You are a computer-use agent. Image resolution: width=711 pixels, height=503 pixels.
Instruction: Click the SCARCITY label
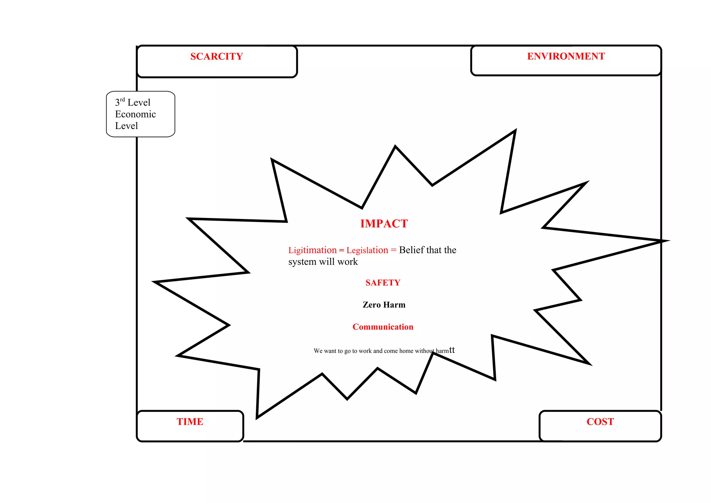pyautogui.click(x=216, y=56)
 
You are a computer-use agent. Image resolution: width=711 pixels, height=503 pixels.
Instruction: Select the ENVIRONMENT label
pyautogui.click(x=566, y=56)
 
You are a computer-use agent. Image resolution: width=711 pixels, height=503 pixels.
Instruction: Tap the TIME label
pyautogui.click(x=190, y=422)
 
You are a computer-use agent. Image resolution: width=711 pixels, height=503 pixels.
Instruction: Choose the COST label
pyautogui.click(x=600, y=422)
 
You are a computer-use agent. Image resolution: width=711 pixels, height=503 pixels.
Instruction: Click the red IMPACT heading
pyautogui.click(x=384, y=224)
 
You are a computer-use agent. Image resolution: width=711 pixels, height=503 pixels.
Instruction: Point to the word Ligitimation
pyautogui.click(x=312, y=250)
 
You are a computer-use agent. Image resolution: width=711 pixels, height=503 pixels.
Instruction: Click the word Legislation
pyautogui.click(x=367, y=250)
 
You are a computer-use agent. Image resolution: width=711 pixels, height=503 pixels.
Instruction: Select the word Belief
pyautogui.click(x=411, y=250)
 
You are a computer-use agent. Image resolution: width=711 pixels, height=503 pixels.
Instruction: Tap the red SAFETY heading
pyautogui.click(x=383, y=283)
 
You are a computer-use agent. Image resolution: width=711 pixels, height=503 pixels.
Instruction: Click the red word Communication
pyautogui.click(x=383, y=327)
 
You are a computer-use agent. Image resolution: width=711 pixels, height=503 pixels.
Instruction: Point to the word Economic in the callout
pyautogui.click(x=135, y=114)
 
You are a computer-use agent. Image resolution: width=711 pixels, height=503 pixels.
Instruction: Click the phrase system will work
pyautogui.click(x=323, y=262)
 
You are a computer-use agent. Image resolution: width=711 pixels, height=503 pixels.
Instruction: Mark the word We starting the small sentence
pyautogui.click(x=318, y=351)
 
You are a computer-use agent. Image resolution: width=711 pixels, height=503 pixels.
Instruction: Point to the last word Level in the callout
pyautogui.click(x=126, y=126)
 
